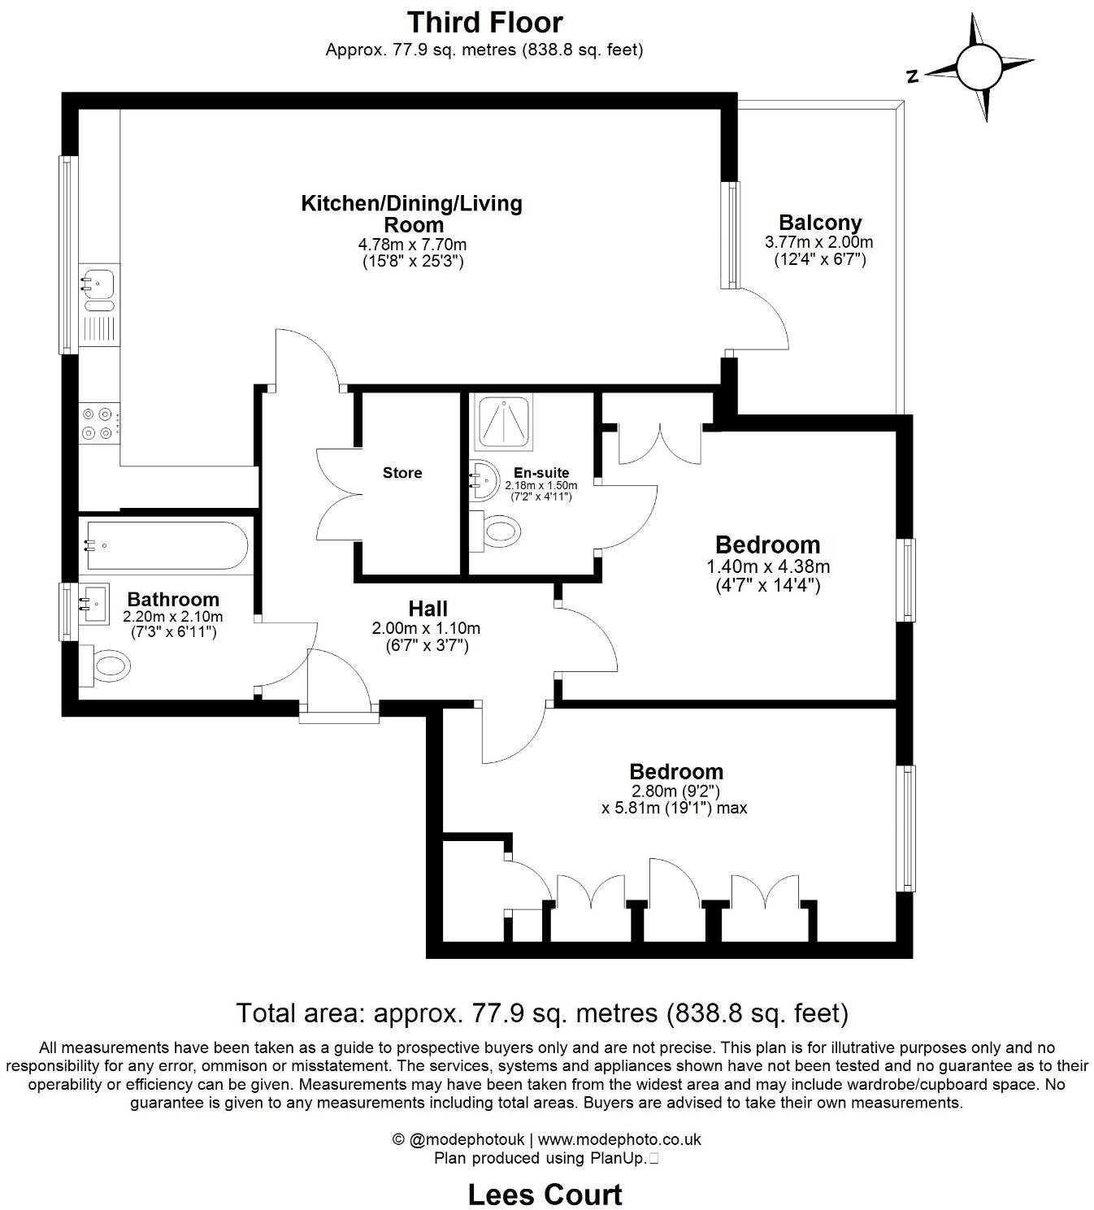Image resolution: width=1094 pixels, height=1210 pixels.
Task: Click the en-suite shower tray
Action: pos(505,423)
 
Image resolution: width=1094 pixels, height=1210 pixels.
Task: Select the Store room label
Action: pos(402,473)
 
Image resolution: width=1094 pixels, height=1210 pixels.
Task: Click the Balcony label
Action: pos(819,222)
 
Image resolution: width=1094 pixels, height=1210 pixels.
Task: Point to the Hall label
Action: pos(428,609)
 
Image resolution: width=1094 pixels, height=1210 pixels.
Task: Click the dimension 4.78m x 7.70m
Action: pos(412,244)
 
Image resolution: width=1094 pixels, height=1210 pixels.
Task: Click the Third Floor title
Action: pos(484,22)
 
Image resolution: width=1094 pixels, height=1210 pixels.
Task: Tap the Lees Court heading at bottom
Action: pos(545,1194)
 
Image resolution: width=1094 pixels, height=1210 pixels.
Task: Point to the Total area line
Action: pos(542,1013)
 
